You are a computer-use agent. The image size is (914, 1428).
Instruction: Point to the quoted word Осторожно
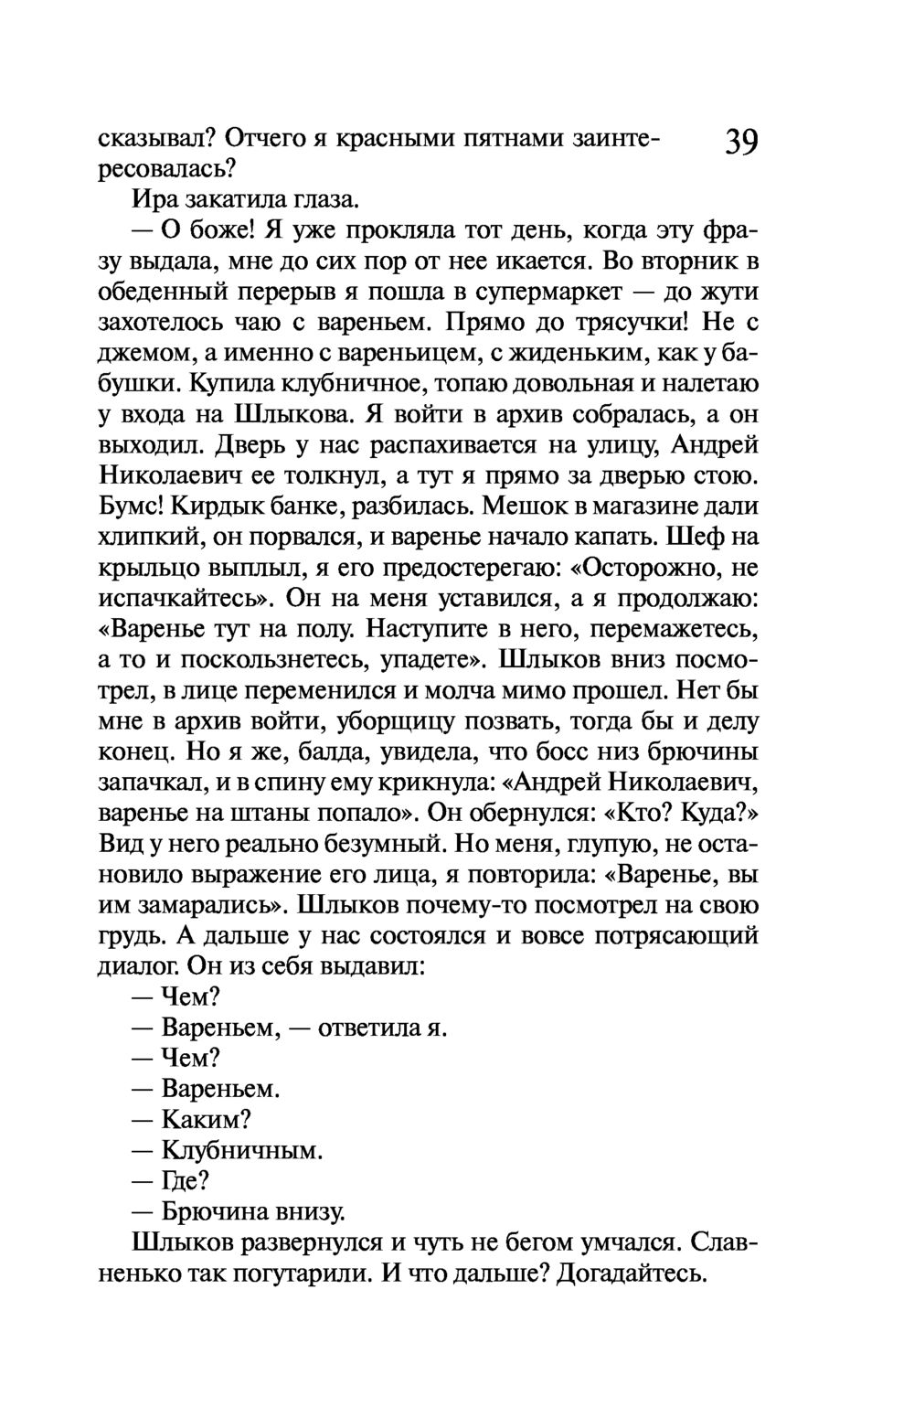point(636,568)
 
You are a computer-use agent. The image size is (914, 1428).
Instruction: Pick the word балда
point(322,752)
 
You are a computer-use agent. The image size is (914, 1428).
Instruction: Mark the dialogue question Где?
point(180,1181)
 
